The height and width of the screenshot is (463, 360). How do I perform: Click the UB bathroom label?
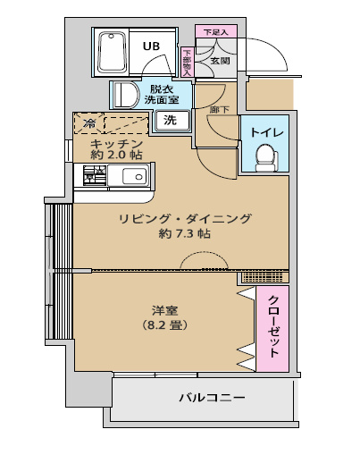click(x=152, y=46)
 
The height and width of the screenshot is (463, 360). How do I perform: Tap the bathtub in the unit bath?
click(x=113, y=53)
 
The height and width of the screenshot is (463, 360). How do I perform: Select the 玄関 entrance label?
click(x=220, y=61)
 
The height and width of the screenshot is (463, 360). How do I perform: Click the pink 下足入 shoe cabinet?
click(x=215, y=32)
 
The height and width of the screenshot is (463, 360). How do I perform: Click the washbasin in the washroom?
click(x=123, y=95)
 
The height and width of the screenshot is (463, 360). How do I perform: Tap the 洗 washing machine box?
click(x=170, y=122)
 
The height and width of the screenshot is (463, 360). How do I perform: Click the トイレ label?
click(x=266, y=132)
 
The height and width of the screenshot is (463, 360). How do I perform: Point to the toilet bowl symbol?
click(x=265, y=158)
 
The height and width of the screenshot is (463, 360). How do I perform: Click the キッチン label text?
click(x=117, y=143)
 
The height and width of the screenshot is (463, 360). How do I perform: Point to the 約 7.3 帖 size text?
click(x=185, y=234)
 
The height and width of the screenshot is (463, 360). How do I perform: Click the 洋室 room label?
click(x=162, y=310)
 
